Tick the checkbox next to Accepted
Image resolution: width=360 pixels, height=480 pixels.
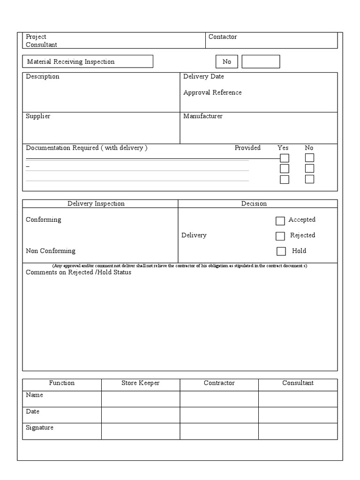coord(280,221)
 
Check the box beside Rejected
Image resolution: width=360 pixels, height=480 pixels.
coord(280,236)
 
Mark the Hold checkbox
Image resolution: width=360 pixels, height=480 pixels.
coord(281,251)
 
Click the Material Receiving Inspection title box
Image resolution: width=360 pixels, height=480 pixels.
coord(88,61)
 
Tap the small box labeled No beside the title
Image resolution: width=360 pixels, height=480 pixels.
coord(227,61)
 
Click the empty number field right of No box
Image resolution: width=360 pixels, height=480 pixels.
coord(261,61)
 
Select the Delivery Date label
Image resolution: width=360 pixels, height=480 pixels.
coord(203,76)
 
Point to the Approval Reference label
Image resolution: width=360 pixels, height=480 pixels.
coord(212,92)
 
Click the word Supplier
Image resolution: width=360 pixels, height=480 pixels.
coord(38,116)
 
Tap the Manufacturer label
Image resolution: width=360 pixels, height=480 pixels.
coord(203,116)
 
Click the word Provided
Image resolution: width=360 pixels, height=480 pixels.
coord(247,148)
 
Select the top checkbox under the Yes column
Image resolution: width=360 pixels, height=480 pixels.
coord(285,158)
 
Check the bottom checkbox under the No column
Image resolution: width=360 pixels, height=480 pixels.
coord(309,179)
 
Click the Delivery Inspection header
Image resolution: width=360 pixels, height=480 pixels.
coord(96,203)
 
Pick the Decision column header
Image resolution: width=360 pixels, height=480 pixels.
coord(254,203)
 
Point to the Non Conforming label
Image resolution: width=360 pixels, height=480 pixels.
coord(51,251)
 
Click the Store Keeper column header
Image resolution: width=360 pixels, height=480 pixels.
coord(141,383)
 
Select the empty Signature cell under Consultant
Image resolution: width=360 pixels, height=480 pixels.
coord(298,431)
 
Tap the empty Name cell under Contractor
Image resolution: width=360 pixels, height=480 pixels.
coord(219,399)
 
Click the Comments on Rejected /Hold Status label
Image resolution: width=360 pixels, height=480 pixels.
coord(78,272)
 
